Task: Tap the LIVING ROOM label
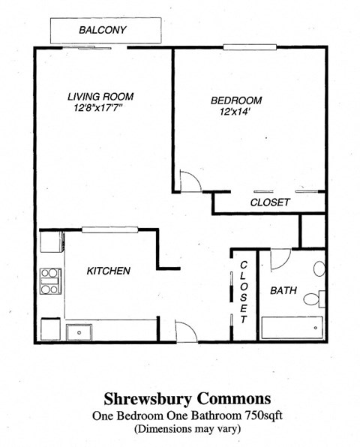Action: [100, 96]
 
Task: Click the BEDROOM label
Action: [235, 100]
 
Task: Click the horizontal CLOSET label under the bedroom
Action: [269, 202]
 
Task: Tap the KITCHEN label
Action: [109, 271]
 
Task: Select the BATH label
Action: [283, 290]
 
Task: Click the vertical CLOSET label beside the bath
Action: [244, 292]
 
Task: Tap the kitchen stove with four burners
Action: [50, 281]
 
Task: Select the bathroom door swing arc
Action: [280, 259]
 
